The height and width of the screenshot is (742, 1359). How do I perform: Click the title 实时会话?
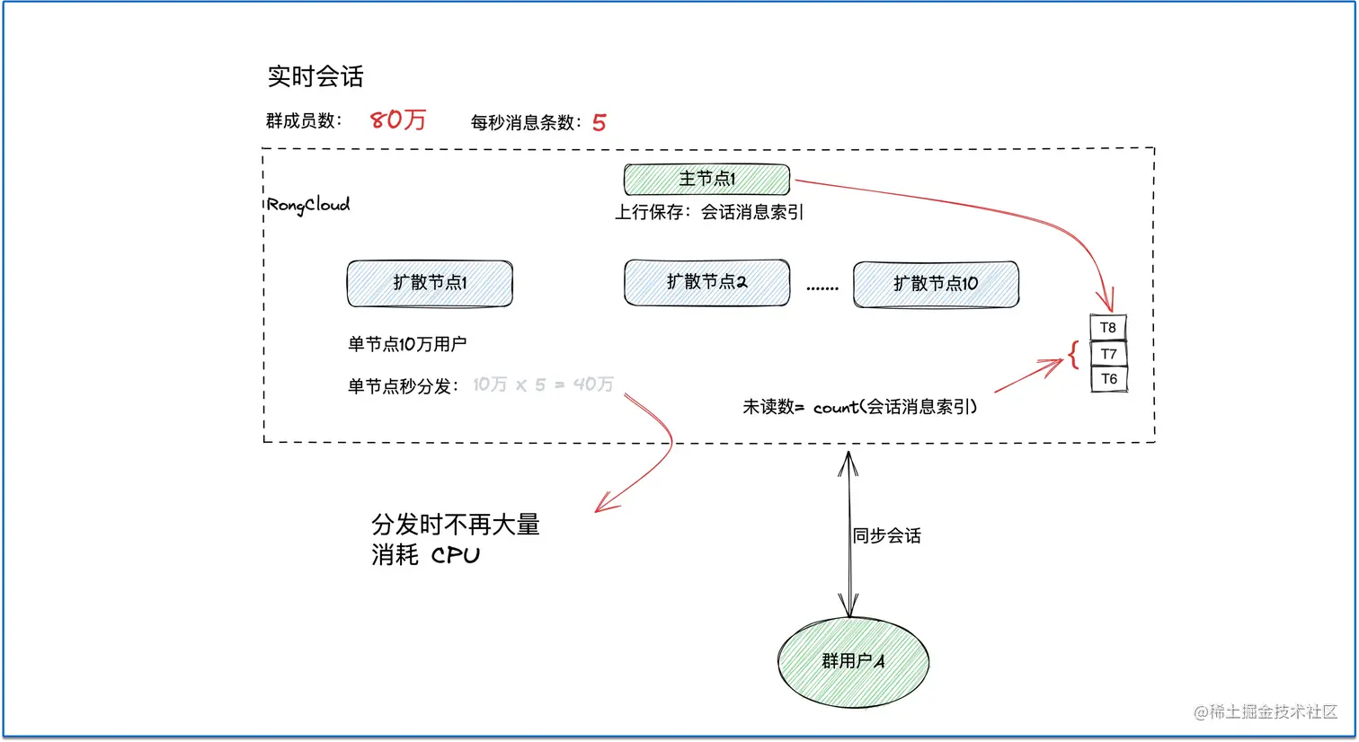click(315, 76)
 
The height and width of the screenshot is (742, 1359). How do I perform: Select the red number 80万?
click(398, 120)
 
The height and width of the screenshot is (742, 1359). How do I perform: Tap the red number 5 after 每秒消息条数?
click(599, 123)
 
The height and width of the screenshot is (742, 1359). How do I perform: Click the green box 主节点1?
click(706, 179)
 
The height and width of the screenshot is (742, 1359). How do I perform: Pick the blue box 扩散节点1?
click(430, 283)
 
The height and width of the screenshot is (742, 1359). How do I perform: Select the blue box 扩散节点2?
click(706, 282)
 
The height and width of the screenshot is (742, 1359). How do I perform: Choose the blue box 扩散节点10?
click(936, 284)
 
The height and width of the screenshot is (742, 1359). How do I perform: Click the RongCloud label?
click(308, 205)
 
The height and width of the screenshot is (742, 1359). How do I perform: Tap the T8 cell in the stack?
click(1107, 328)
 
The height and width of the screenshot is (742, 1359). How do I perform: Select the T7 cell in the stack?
click(1107, 354)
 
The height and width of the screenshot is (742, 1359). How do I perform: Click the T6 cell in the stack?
click(1107, 379)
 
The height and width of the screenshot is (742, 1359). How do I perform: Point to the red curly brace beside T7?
click(1073, 354)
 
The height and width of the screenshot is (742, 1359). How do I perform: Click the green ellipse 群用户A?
click(852, 662)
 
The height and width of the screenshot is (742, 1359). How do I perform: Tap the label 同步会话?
click(887, 536)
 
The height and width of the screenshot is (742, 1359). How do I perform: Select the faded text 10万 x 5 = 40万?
click(543, 384)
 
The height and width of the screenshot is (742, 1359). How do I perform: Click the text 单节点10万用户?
click(407, 344)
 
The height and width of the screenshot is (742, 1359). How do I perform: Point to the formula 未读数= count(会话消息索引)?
click(859, 407)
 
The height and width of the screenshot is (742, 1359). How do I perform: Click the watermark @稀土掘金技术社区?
click(1266, 711)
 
